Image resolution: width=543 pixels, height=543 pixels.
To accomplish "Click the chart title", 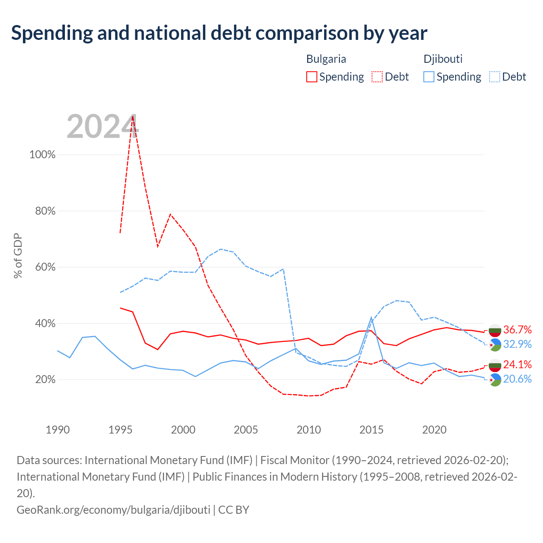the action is (219, 34).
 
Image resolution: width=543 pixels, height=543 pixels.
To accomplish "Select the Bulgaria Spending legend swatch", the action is (311, 77).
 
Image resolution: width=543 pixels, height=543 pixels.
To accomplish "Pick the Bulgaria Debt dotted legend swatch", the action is (377, 77).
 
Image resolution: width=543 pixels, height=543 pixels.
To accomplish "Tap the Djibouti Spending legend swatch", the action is (428, 77).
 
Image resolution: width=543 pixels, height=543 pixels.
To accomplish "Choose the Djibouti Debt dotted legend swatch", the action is (494, 77).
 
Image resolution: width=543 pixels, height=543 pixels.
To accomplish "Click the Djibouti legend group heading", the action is (443, 59).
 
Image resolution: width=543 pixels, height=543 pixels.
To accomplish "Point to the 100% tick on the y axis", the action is (42, 154).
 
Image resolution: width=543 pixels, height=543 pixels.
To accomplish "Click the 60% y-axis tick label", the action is (45, 267).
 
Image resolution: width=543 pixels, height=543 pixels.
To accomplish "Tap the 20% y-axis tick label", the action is (45, 379).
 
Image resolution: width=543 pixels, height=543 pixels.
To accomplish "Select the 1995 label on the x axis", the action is (120, 430).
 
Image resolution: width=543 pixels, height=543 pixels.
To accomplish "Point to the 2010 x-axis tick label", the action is (308, 430).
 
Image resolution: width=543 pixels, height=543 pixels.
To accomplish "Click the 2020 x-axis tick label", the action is (434, 430).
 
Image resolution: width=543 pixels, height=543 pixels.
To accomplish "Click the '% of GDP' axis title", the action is (17, 255).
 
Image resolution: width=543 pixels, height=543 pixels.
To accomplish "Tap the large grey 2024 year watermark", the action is (103, 126).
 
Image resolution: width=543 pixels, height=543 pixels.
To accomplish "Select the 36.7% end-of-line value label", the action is (518, 330).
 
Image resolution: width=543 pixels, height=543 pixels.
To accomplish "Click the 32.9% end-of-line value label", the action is (518, 344).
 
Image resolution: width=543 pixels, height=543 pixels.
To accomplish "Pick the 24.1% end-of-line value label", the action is (518, 364).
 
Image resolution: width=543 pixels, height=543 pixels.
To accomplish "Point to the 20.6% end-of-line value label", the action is (518, 379).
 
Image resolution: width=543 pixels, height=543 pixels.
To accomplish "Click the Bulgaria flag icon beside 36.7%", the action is (495, 330).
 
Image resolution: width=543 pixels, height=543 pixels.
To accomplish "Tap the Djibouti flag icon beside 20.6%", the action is (495, 380).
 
